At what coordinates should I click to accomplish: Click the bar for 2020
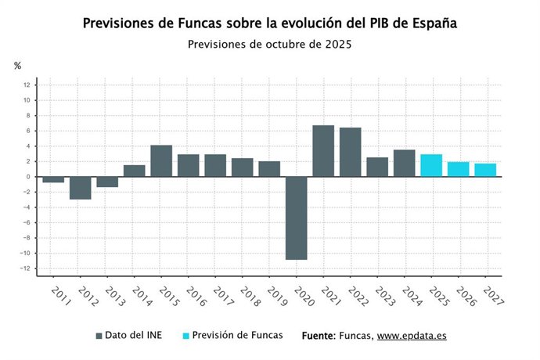coord(296,218)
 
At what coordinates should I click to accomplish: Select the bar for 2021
coord(323,151)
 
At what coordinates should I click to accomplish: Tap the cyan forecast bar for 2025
coord(431,165)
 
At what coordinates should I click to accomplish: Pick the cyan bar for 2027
coord(485,170)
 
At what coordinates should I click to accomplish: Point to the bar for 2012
coord(80,188)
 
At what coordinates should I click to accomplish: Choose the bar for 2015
coord(161,160)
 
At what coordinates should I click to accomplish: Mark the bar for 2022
coord(350,152)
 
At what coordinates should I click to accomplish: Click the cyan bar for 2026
coord(458,169)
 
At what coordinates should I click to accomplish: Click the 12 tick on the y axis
coord(27,85)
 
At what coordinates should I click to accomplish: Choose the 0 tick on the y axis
coord(27,176)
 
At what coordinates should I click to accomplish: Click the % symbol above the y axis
coord(17,66)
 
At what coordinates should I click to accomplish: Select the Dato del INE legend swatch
coord(99,336)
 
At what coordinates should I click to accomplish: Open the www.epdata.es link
coord(412,336)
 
